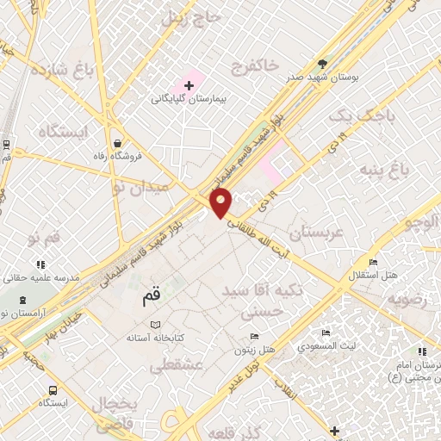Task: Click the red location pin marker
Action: coord(221,202)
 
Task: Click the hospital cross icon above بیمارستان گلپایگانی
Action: coord(189,86)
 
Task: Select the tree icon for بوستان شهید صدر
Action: coord(324,63)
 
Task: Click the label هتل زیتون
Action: coord(254,349)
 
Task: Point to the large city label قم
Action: coord(152,299)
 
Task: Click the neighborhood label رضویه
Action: coord(407,300)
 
